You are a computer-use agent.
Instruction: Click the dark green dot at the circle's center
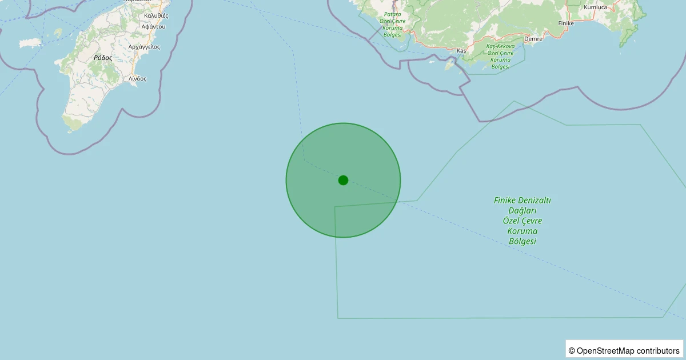pyautogui.click(x=343, y=180)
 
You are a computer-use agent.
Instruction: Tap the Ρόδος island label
pyautogui.click(x=103, y=58)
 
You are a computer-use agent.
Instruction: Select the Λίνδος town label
pyautogui.click(x=138, y=78)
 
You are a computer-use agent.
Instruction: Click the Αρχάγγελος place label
pyautogui.click(x=144, y=46)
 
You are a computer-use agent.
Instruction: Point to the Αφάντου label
pyautogui.click(x=153, y=26)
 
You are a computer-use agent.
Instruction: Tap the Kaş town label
pyautogui.click(x=462, y=50)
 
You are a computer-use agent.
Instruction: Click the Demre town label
pyautogui.click(x=533, y=39)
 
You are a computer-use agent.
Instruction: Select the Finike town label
pyautogui.click(x=565, y=23)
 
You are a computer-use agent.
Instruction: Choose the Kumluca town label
pyautogui.click(x=595, y=7)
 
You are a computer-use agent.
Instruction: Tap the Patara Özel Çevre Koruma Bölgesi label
pyautogui.click(x=392, y=24)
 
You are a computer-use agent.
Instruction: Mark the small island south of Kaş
pyautogui.click(x=449, y=66)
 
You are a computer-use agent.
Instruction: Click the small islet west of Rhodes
pyautogui.click(x=30, y=43)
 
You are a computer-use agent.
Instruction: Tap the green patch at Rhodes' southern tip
pyautogui.click(x=73, y=122)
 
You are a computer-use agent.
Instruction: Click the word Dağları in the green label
pyautogui.click(x=523, y=210)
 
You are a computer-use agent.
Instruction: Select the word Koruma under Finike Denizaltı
pyautogui.click(x=523, y=231)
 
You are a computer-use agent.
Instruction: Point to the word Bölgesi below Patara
pyautogui.click(x=393, y=35)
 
